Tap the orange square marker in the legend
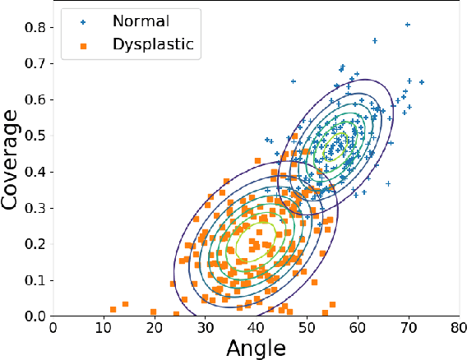[x=84, y=45]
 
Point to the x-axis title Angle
[x=257, y=348]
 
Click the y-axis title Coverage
[x=14, y=164]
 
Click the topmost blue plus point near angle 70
[x=408, y=25]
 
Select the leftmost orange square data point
[x=113, y=309]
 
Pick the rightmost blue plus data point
[x=422, y=82]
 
